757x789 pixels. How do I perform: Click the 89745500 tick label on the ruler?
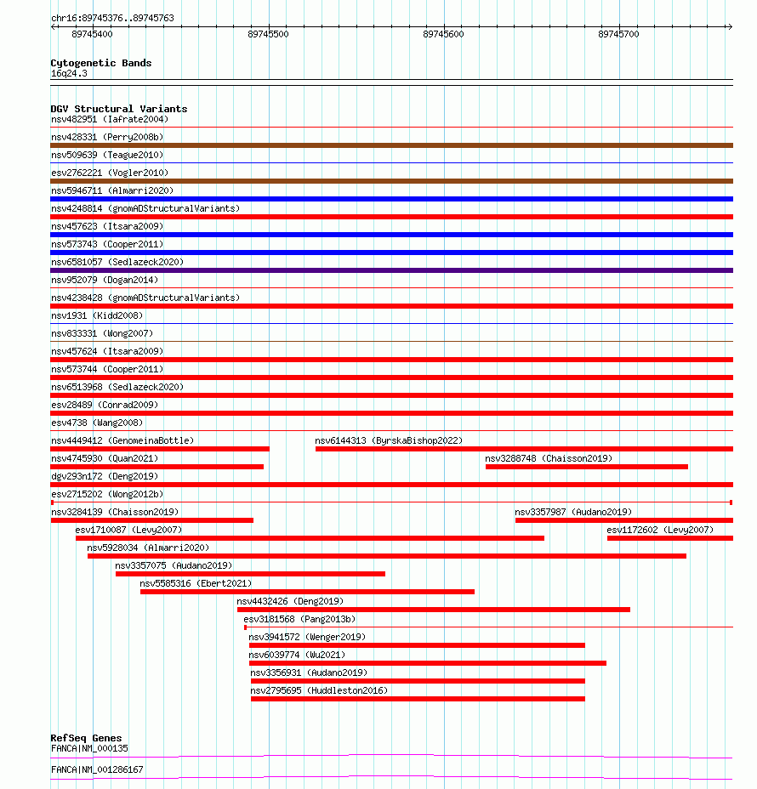[268, 34]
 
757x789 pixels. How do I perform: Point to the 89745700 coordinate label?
[618, 34]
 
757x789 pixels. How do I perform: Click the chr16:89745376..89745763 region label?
[112, 18]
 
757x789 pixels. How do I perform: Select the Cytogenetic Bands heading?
[100, 63]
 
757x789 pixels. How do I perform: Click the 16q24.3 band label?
[69, 73]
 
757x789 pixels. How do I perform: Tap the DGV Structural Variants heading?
[118, 109]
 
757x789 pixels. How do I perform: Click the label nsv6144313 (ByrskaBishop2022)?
[389, 440]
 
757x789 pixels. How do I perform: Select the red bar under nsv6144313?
[523, 449]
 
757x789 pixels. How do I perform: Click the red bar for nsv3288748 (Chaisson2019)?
[586, 467]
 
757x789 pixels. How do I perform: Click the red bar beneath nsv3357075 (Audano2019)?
[250, 574]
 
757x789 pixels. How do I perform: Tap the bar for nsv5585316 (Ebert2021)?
[307, 592]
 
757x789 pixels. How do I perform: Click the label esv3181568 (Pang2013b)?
[299, 619]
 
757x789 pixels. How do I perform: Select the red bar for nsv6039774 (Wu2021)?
[427, 663]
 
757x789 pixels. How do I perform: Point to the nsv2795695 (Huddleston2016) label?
[319, 690]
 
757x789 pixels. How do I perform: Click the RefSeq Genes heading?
[86, 738]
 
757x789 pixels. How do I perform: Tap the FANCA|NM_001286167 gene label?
[97, 769]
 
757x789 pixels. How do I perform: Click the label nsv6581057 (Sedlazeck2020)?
[117, 262]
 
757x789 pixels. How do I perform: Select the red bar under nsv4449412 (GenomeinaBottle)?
[160, 449]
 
